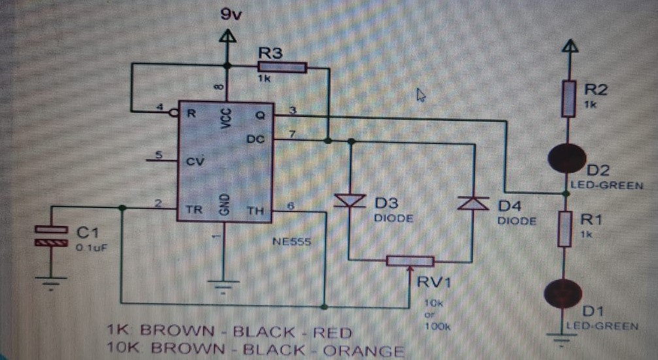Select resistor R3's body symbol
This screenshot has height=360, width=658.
click(282, 67)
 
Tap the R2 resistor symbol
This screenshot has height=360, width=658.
click(568, 100)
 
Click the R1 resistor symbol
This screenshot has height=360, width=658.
click(565, 229)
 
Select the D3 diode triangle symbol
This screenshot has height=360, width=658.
click(351, 202)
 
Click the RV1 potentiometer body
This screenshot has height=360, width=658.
click(409, 261)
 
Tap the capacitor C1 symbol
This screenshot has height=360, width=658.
click(50, 236)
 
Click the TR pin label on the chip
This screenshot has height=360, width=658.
click(194, 211)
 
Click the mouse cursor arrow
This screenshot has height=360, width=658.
click(421, 96)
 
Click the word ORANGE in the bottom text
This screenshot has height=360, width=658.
click(364, 351)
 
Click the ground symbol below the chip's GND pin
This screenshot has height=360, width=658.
click(223, 286)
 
